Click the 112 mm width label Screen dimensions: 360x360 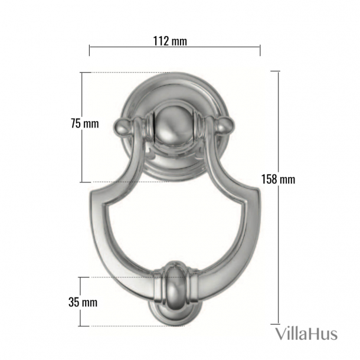click(x=170, y=41)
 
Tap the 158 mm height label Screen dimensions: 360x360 click(x=280, y=179)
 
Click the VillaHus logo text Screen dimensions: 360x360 click(x=306, y=333)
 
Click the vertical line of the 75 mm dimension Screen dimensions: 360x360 click(x=81, y=153)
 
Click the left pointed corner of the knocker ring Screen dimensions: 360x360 click(x=91, y=193)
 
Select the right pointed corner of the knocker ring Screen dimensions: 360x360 click(x=257, y=193)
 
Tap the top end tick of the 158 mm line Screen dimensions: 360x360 click(x=275, y=71)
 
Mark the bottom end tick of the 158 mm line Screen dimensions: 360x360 click(x=275, y=324)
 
